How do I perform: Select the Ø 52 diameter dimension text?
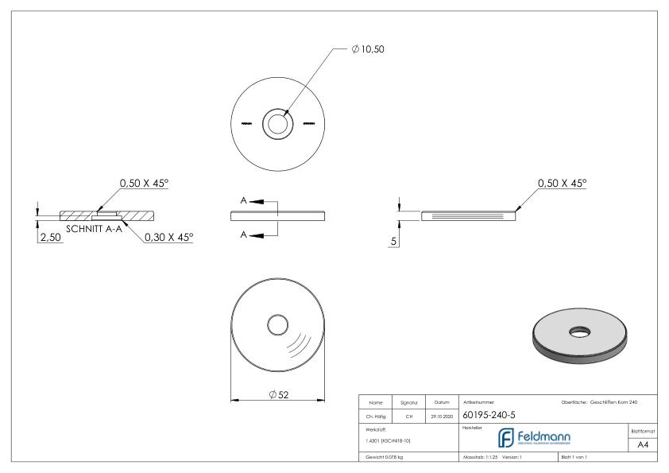(x=278, y=397)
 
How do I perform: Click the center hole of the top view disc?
(x=278, y=124)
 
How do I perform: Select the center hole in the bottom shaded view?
(x=278, y=324)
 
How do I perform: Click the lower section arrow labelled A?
(x=257, y=234)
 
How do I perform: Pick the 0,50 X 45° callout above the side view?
(x=562, y=184)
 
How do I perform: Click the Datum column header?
(x=442, y=402)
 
